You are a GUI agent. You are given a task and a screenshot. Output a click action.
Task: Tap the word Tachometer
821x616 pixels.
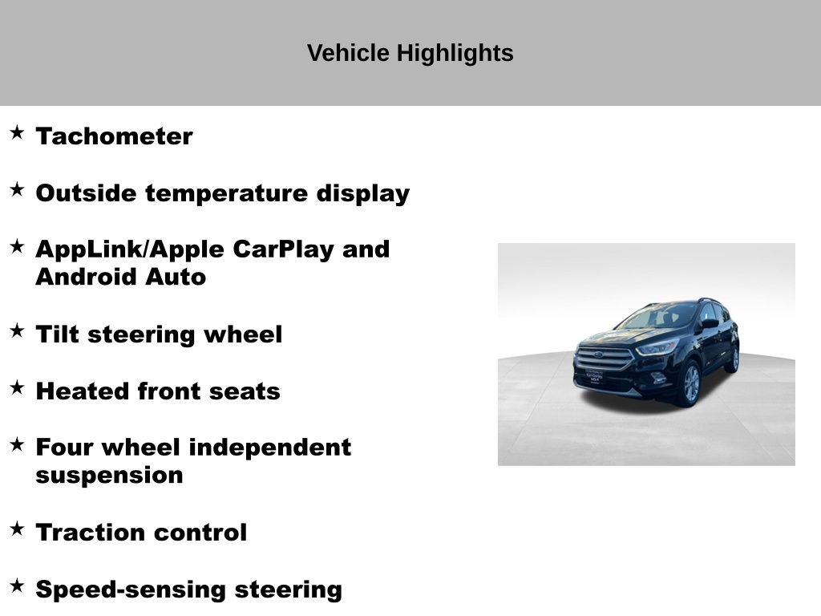pyautogui.click(x=114, y=136)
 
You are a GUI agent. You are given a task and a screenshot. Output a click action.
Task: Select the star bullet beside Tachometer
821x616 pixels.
pyautogui.click(x=17, y=132)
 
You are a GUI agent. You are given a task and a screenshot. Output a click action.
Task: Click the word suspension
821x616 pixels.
pyautogui.click(x=109, y=476)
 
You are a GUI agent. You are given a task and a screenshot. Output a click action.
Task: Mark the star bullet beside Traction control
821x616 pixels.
pyautogui.click(x=17, y=528)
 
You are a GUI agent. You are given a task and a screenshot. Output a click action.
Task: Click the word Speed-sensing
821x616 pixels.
pyautogui.click(x=131, y=590)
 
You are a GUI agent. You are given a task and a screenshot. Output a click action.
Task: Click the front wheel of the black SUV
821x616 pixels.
pyautogui.click(x=690, y=384)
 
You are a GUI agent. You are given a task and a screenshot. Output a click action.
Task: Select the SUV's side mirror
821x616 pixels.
pyautogui.click(x=710, y=324)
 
